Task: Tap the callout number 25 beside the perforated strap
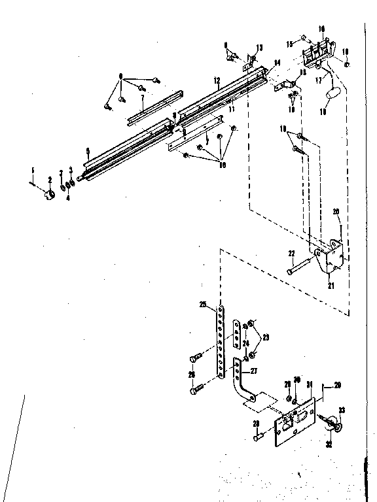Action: tap(203, 305)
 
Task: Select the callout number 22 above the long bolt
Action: tap(291, 253)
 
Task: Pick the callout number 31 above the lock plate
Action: tap(309, 384)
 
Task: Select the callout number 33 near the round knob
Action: tap(341, 410)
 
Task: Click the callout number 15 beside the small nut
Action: tap(289, 43)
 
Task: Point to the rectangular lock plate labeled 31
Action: tap(295, 419)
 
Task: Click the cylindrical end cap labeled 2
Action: tap(50, 194)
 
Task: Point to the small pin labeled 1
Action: tap(32, 184)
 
